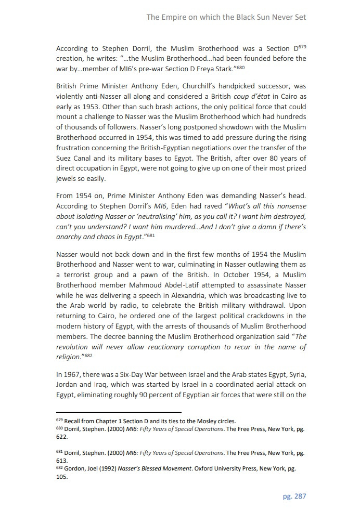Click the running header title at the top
click(226, 17)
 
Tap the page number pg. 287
click(294, 496)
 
